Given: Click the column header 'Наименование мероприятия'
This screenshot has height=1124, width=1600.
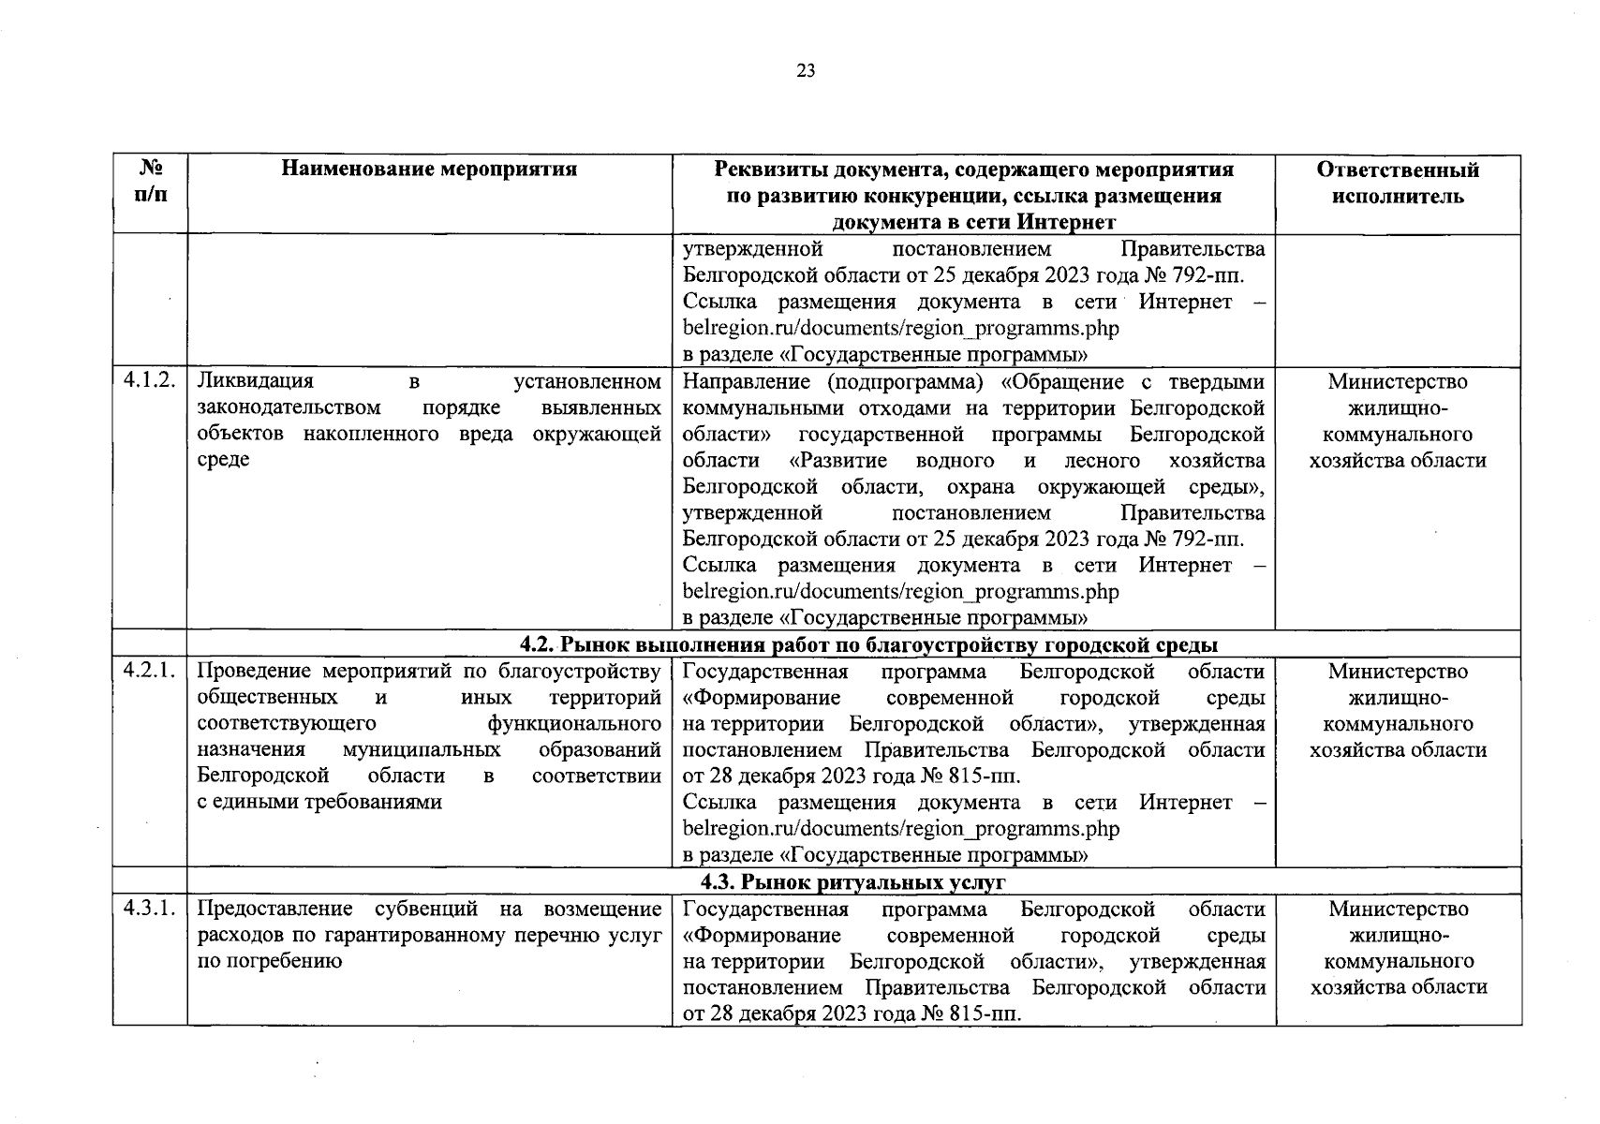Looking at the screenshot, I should pos(430,170).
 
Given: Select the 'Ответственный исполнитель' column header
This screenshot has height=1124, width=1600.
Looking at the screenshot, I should pos(1398,183).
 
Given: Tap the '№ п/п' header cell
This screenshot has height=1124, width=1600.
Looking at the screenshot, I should pos(150,183).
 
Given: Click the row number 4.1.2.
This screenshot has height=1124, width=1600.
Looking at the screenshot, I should pos(150,382).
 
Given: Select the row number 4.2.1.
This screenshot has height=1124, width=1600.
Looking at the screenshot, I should pos(150,672).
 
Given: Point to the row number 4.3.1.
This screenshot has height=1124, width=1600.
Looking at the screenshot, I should pos(150,910).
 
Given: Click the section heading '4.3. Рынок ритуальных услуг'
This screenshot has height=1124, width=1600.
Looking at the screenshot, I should pos(853,882).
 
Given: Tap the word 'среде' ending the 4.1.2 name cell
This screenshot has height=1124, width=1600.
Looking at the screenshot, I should pos(224,461).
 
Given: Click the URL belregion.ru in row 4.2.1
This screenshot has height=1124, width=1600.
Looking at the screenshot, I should pos(900,829).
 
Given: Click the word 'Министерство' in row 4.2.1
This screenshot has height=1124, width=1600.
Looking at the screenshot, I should pos(1398,672).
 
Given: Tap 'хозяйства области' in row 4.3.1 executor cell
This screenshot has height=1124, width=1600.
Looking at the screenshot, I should pos(1398,987).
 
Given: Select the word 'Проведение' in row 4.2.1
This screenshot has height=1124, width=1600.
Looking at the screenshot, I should pos(256,672).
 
